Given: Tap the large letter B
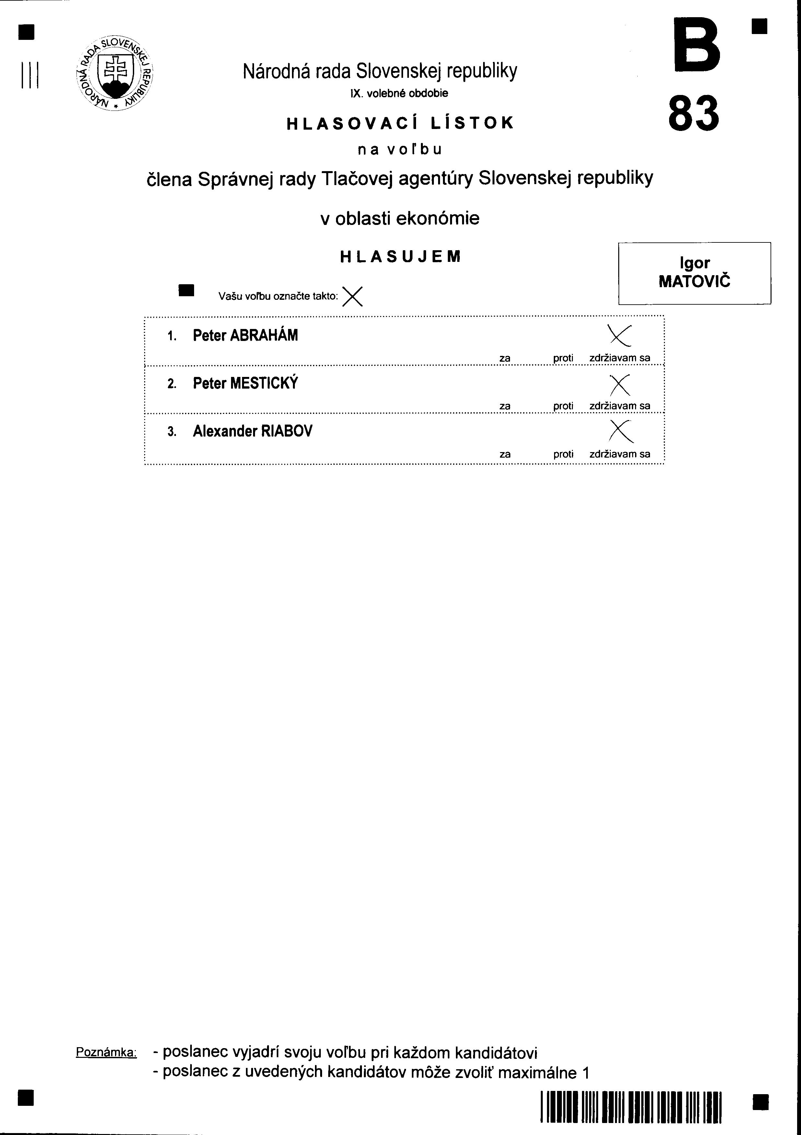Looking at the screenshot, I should pos(697,44).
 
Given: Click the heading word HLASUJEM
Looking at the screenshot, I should pos(400,257).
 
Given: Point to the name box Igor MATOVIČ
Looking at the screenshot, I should pos(694,273).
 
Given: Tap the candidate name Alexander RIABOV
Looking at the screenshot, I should pos(252,432).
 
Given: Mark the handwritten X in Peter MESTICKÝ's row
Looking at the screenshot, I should pos(620,385).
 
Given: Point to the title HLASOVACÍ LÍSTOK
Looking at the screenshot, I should pos(400,123).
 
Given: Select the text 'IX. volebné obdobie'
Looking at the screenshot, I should pos(399,93).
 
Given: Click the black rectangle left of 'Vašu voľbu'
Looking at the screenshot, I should pos(187,291).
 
